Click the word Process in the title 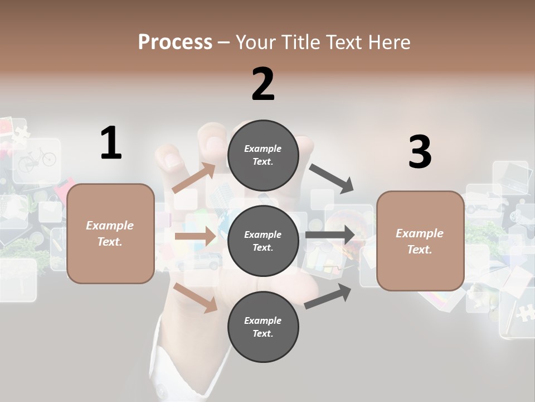175,42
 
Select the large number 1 111,143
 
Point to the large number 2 263,84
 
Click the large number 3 420,152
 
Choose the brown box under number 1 110,233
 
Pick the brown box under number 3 420,241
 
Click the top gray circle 263,155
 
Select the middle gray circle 263,241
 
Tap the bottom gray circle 263,327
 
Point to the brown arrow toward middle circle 196,236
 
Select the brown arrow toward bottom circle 196,297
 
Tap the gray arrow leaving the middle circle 330,234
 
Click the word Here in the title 390,42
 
